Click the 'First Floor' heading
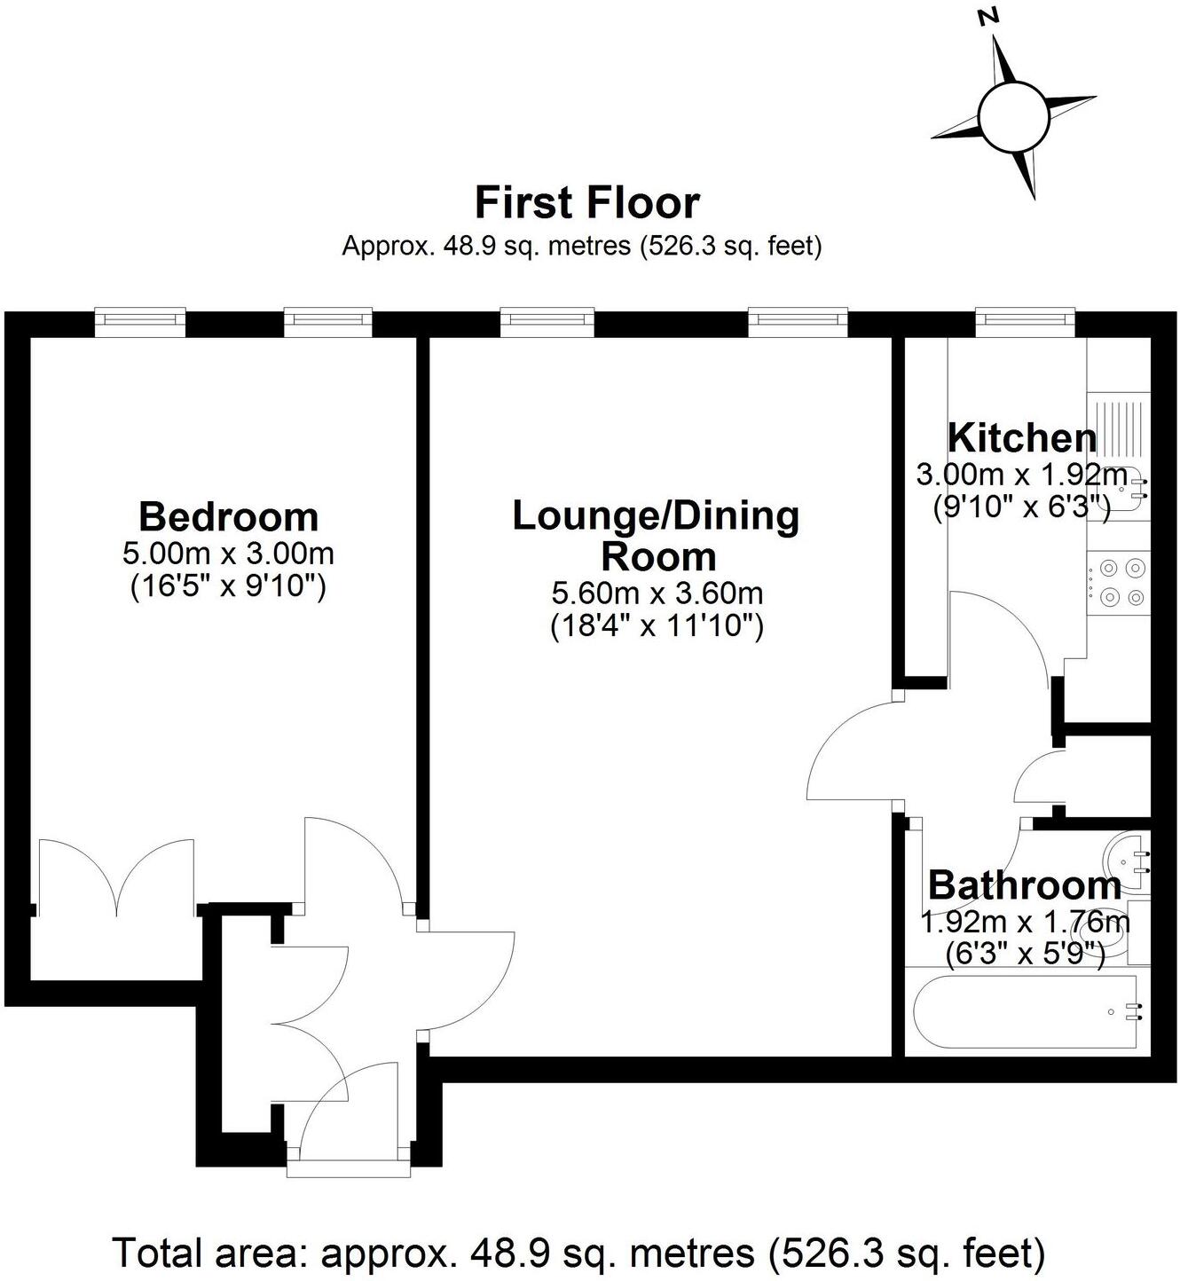point(587,202)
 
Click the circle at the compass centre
point(1012,116)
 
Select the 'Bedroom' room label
point(228,516)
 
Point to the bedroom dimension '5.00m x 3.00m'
point(228,554)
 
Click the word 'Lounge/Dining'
point(656,515)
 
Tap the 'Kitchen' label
point(1022,438)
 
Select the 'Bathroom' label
point(1025,885)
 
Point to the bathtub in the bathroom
point(1026,1011)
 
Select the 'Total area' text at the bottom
point(578,1253)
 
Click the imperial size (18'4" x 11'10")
point(657,626)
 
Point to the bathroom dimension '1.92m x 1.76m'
point(1025,923)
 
